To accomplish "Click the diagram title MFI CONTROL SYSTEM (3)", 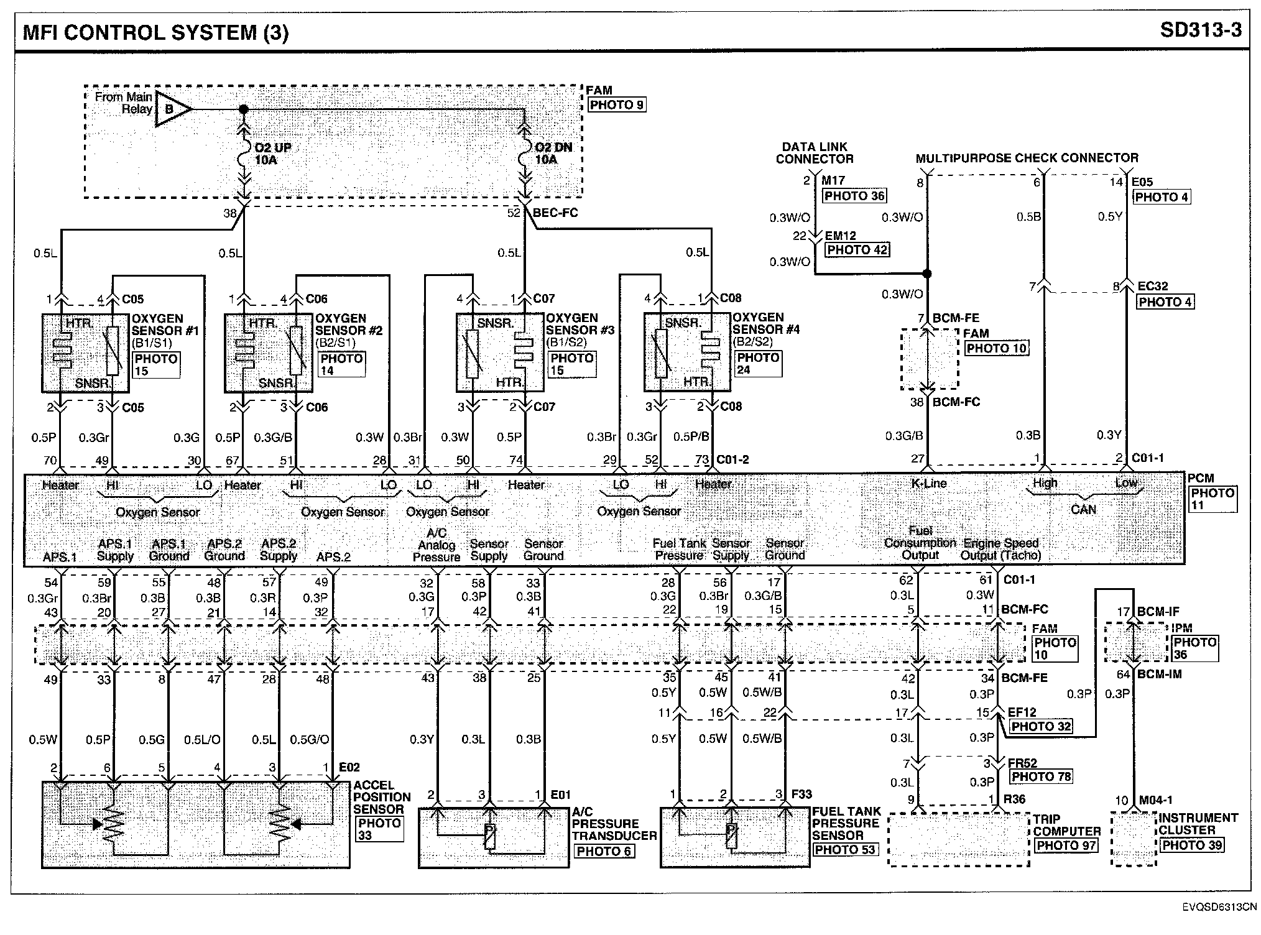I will click(x=155, y=32).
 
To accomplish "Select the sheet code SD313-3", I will click(x=1200, y=30).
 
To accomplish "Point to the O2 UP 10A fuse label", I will click(x=272, y=154).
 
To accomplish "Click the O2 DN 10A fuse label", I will click(x=553, y=154).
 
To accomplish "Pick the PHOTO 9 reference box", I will click(x=616, y=105).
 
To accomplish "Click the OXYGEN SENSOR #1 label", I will click(x=165, y=325).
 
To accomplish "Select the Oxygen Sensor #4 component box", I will click(x=686, y=352).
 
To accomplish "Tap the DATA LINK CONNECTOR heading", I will click(x=815, y=153).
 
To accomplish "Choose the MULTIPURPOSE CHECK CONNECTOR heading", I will click(x=1027, y=159).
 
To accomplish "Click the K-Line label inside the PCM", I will click(x=929, y=483).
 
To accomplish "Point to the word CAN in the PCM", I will click(x=1083, y=510).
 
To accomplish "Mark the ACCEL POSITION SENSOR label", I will click(x=382, y=797).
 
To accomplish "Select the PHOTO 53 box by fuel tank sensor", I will click(x=844, y=850).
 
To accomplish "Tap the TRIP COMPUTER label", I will click(x=1067, y=825).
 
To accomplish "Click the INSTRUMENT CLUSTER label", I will click(x=1198, y=824).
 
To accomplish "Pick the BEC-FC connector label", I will click(x=555, y=213).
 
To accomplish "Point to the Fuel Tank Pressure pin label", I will click(x=679, y=550).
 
